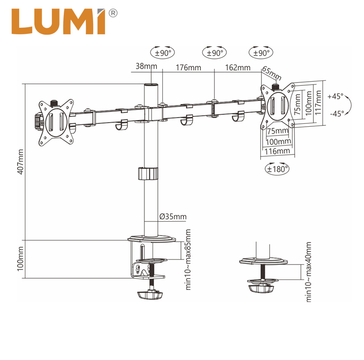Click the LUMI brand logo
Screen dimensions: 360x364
[59, 22]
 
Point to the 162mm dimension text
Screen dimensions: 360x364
[237, 67]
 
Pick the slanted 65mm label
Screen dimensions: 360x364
[272, 73]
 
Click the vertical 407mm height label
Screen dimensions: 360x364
[21, 161]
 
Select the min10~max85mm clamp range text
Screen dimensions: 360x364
[188, 259]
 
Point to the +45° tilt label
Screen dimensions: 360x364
[335, 97]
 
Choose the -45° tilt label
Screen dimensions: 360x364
[336, 114]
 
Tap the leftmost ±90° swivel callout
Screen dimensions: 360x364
[163, 53]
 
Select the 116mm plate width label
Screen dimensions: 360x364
[277, 151]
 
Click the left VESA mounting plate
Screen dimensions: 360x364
[56, 122]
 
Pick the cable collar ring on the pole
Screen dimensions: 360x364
[147, 173]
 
